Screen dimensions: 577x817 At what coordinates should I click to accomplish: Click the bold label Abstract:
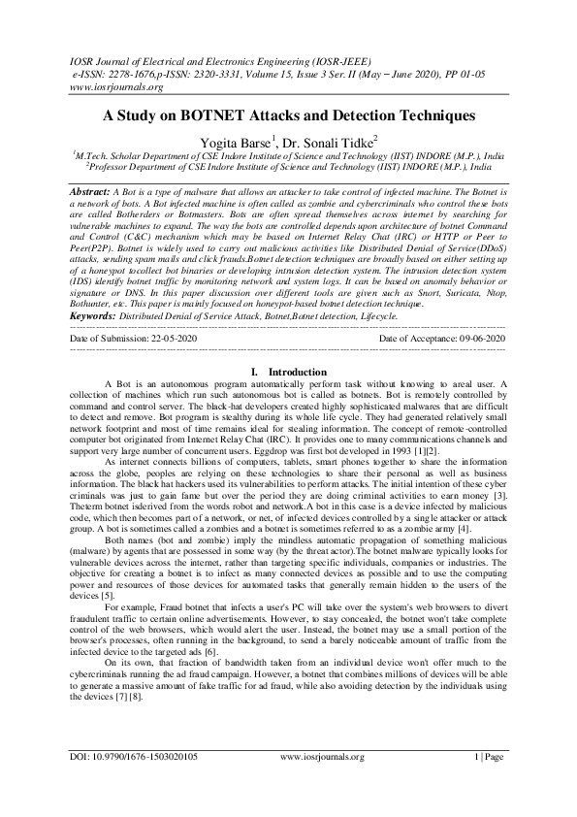89,193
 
